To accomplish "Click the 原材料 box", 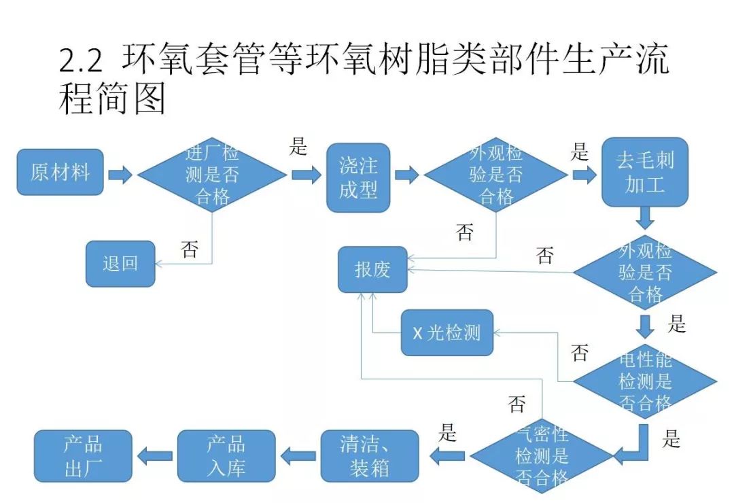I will (x=60, y=172).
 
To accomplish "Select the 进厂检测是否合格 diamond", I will (x=212, y=175).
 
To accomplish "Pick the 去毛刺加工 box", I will (x=644, y=171).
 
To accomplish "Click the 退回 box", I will (x=120, y=263).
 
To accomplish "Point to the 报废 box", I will (x=372, y=269).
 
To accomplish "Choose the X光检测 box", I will (x=447, y=332).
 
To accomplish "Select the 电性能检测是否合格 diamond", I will (x=644, y=381).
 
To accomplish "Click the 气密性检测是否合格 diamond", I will (x=542, y=455).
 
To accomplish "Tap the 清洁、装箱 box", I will (x=370, y=455).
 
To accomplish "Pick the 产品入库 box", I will (x=226, y=455).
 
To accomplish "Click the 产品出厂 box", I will (x=83, y=455).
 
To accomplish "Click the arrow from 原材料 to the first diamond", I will (x=120, y=175).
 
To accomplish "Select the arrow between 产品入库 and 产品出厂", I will (x=154, y=455).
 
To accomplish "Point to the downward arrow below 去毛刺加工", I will (x=645, y=218).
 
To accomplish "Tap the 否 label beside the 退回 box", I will (x=190, y=249).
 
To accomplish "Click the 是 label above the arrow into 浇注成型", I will (x=298, y=146).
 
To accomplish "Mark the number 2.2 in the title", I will (x=81, y=62).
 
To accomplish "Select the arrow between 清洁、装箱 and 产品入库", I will (x=298, y=455).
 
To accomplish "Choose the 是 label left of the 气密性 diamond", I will (x=447, y=432).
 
